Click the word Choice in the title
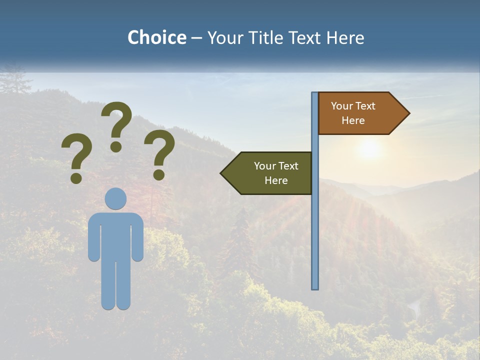[156, 37]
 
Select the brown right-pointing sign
[357, 113]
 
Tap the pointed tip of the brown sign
[407, 113]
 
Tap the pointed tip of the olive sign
[222, 173]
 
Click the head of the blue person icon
[116, 198]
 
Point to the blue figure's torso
[116, 235]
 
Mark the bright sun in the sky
[369, 148]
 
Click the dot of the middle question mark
[116, 146]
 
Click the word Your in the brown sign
[342, 106]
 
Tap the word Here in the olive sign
[276, 180]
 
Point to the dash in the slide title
[196, 38]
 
